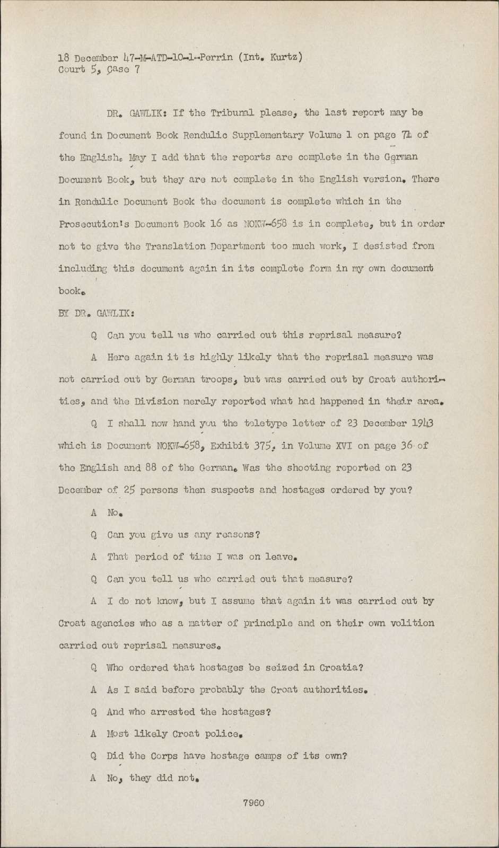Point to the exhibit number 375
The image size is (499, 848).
[261, 446]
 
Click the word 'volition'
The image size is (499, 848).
[413, 623]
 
